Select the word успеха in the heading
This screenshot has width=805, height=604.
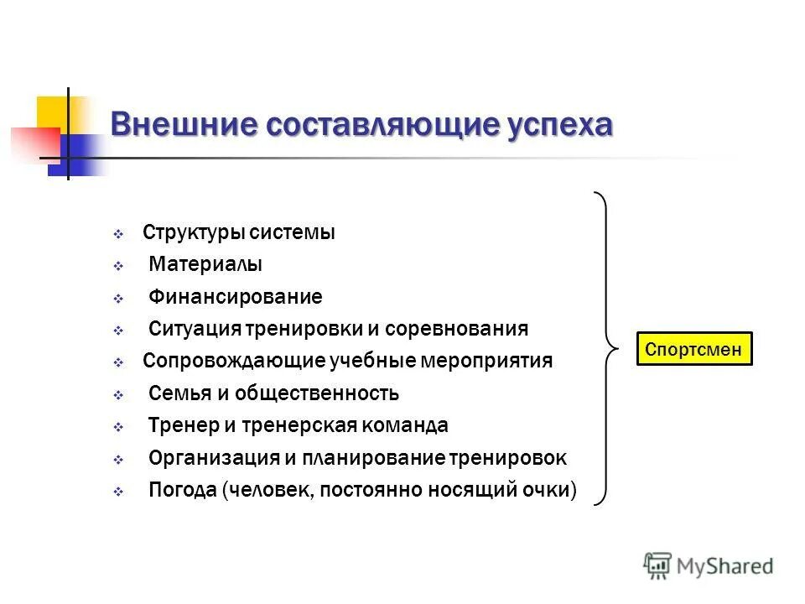click(x=559, y=126)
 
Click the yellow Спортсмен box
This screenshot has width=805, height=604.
click(x=694, y=349)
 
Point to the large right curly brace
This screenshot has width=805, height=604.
click(x=606, y=347)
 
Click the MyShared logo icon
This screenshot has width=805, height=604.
click(x=657, y=566)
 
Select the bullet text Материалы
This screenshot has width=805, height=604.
click(x=205, y=264)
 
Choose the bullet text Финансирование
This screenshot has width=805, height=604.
click(x=235, y=297)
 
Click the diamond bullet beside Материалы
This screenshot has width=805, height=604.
click(x=118, y=266)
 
